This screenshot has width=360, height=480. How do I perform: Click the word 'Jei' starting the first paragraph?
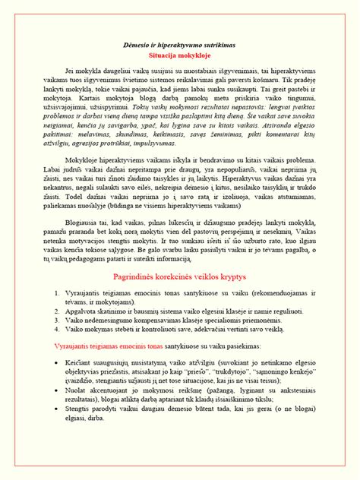coord(71,71)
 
